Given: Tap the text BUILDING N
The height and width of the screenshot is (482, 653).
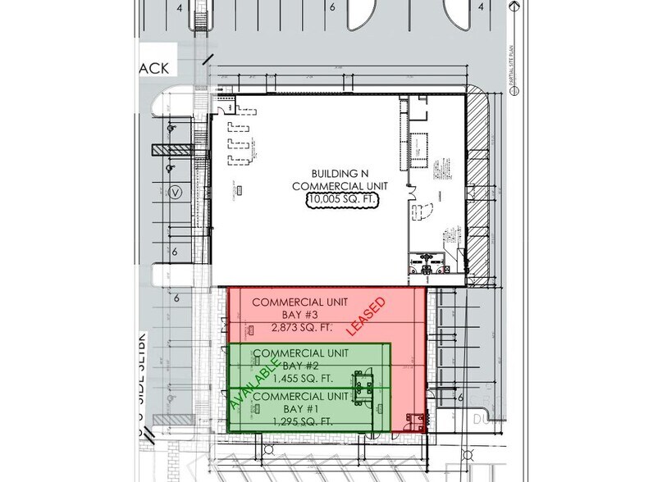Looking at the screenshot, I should pyautogui.click(x=344, y=174).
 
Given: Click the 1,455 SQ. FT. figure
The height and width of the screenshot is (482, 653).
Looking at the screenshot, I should pyautogui.click(x=292, y=379).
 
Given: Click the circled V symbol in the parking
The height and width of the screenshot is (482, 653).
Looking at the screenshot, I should pyautogui.click(x=174, y=193).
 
